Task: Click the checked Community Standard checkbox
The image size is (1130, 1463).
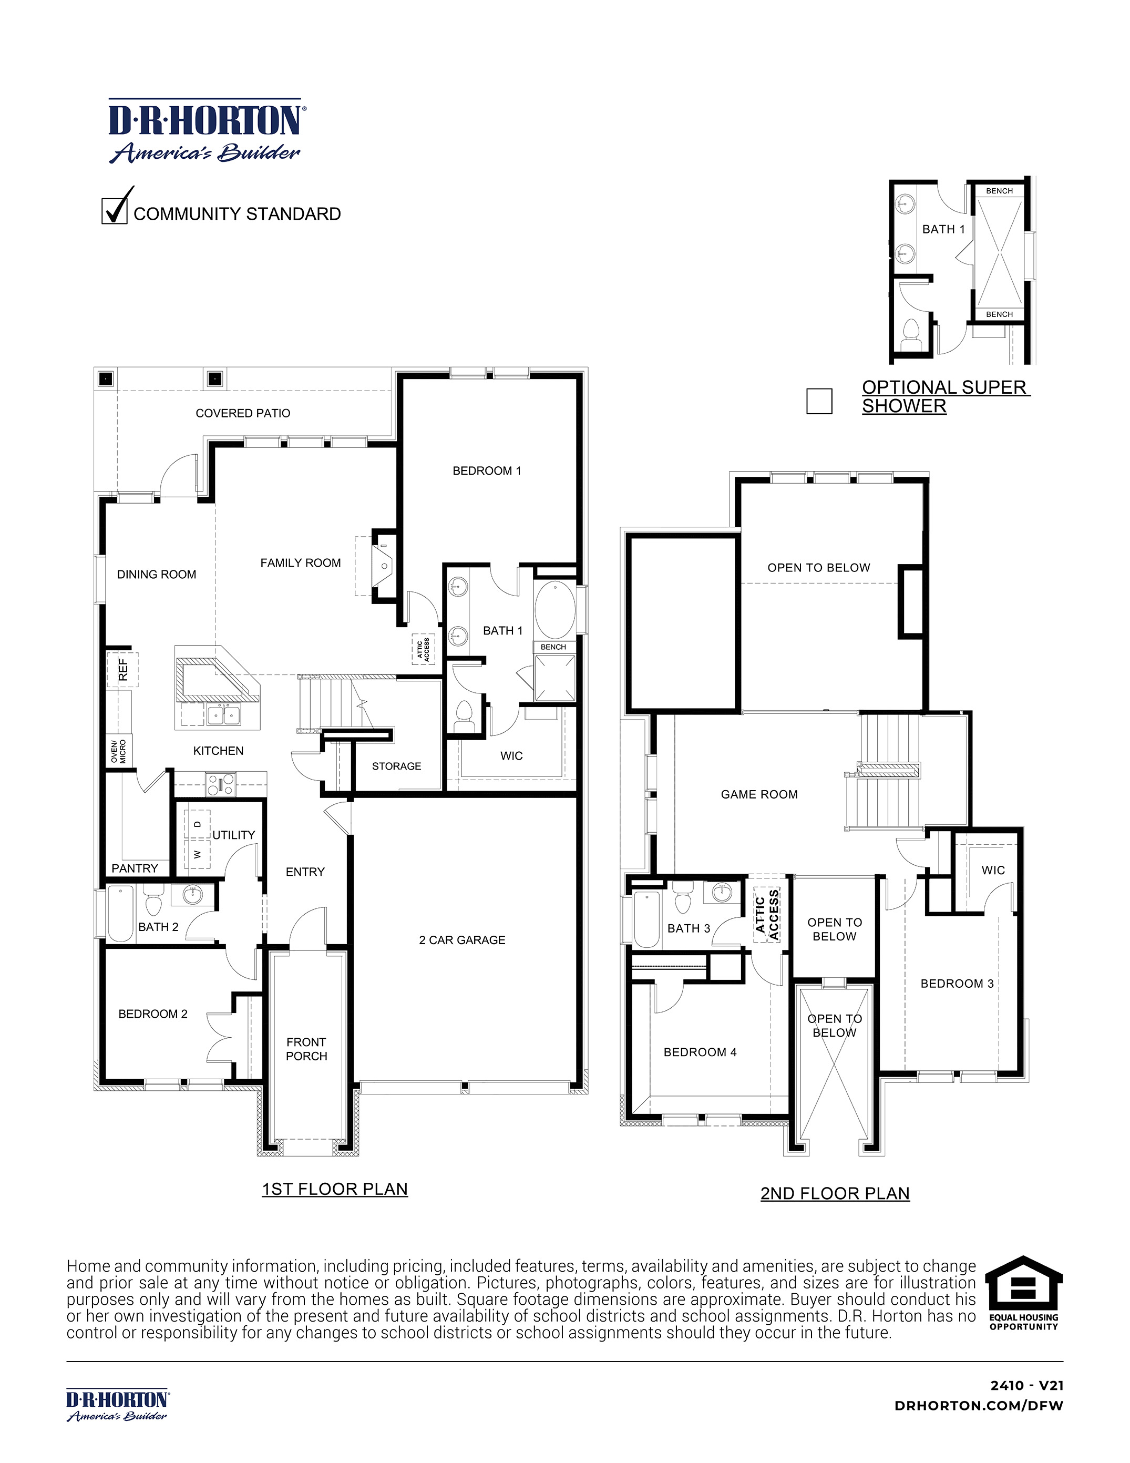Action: (115, 211)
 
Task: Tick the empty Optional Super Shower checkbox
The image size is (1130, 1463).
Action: (819, 401)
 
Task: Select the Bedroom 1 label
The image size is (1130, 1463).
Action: (486, 471)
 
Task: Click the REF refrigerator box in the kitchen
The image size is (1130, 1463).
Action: (122, 669)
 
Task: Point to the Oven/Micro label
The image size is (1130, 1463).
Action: (119, 751)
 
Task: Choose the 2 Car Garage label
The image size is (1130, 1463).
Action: (461, 940)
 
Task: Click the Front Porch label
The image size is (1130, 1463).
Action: (306, 1049)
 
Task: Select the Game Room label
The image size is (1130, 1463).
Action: (759, 794)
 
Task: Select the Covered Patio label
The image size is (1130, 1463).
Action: (242, 413)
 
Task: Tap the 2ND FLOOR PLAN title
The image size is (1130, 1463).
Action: (835, 1194)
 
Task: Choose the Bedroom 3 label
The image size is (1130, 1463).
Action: (957, 984)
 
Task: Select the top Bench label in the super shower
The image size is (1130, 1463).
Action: (999, 191)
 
